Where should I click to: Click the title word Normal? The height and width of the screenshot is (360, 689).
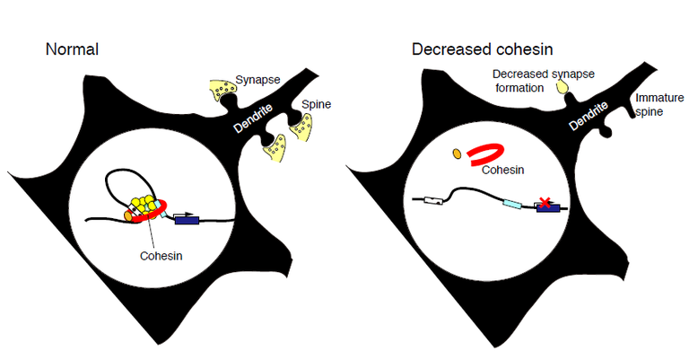pos(72,48)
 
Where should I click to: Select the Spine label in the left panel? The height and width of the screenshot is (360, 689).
pos(316,104)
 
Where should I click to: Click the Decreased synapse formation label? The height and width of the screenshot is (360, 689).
pos(532,82)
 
